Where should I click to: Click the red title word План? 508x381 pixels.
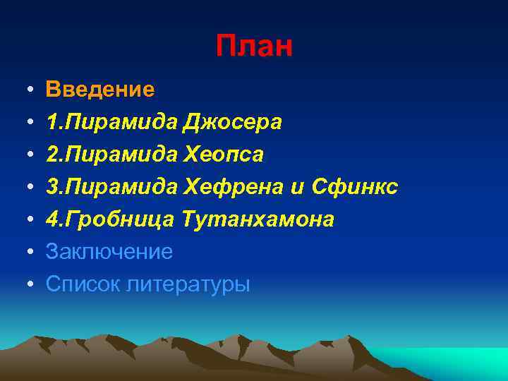click(x=254, y=47)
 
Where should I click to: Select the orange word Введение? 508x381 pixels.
click(x=99, y=89)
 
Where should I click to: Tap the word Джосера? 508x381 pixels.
click(x=232, y=122)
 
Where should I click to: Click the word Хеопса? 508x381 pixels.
click(x=223, y=155)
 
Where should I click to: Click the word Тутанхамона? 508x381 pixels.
click(x=258, y=219)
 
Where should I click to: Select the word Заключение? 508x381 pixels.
click(x=109, y=251)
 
